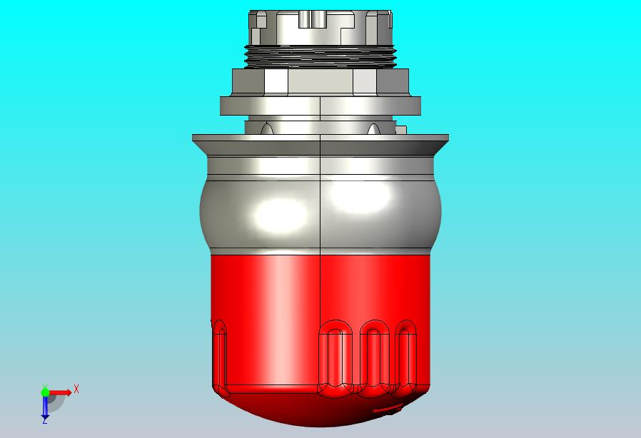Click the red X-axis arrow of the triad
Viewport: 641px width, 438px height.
coord(60,393)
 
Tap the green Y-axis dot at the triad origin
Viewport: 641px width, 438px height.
coord(45,392)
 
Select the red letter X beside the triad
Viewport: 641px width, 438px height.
coord(76,389)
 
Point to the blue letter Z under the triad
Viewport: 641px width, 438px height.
coord(44,420)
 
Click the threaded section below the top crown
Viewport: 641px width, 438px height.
coord(320,56)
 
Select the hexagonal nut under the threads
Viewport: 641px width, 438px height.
coord(320,83)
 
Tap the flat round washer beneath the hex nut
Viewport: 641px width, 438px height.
coord(320,106)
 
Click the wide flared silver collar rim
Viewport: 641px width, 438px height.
coord(320,145)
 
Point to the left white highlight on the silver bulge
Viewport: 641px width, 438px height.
coord(280,215)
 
